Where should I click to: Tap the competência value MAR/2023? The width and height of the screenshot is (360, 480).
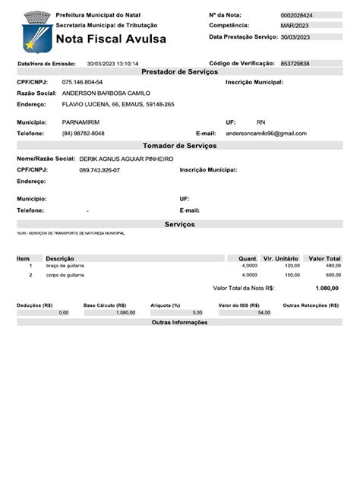(292, 26)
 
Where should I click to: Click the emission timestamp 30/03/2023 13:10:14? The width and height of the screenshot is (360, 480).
(113, 64)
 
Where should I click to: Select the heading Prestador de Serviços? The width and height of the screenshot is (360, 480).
(180, 71)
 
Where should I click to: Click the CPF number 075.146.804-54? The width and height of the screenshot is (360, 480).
(83, 81)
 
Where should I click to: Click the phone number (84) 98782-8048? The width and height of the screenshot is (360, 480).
(84, 133)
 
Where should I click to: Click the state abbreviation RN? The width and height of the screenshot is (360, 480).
(261, 122)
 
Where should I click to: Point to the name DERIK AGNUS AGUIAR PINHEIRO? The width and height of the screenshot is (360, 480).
(127, 159)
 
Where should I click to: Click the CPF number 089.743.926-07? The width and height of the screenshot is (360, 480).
(99, 170)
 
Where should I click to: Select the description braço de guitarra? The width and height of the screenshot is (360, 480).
(65, 266)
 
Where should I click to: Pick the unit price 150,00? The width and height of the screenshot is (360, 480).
(292, 275)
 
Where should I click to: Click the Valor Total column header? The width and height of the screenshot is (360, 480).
(324, 258)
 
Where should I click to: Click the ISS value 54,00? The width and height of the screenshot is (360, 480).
(264, 313)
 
